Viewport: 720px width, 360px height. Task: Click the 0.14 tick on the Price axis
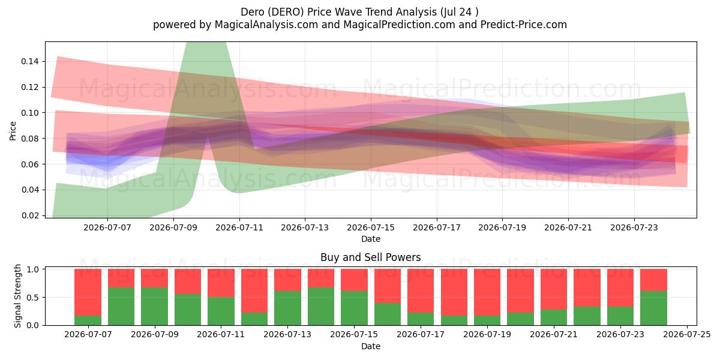pos(30,61)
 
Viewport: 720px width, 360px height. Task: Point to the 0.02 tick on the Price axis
pos(30,215)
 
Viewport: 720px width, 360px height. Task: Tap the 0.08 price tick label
pos(30,139)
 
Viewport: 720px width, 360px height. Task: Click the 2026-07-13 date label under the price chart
pos(305,227)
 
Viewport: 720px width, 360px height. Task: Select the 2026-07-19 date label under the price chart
pos(502,227)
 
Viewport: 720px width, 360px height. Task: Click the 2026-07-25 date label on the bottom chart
pos(687,335)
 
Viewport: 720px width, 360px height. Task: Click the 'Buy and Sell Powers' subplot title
pos(371,257)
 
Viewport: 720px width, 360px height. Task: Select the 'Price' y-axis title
pos(13,131)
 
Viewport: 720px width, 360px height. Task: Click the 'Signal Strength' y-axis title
pos(17,296)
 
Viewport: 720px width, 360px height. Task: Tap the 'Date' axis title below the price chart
pos(371,239)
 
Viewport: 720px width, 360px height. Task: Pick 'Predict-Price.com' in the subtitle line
pos(524,25)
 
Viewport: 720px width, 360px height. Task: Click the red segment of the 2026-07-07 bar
pos(88,293)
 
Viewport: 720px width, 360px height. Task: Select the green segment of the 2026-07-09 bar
pos(154,307)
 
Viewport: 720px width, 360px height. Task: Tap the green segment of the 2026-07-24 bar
pos(653,308)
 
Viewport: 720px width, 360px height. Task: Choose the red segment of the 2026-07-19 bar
pos(487,293)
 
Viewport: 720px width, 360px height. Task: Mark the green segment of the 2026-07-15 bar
pos(354,308)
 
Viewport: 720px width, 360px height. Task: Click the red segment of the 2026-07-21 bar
pos(554,289)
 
